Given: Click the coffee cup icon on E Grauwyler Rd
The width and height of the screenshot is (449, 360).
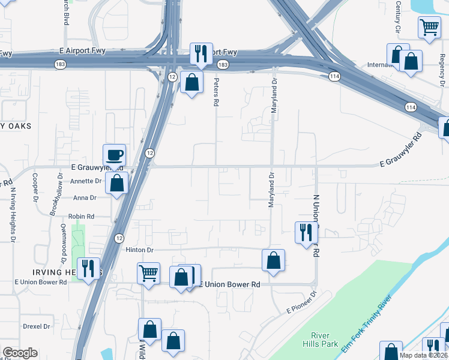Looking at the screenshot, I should click(x=114, y=155).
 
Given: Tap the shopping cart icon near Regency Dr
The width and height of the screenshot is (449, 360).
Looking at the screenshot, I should click(x=430, y=27).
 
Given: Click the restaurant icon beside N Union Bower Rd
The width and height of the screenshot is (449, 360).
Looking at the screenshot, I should click(x=306, y=232).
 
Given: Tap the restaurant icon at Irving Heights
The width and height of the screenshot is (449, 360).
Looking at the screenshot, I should click(x=89, y=268).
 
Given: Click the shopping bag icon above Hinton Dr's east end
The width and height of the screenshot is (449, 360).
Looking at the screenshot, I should click(x=273, y=260).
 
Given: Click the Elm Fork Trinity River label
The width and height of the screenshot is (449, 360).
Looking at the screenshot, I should click(x=366, y=324).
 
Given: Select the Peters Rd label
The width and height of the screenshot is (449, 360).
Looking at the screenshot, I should click(x=215, y=91).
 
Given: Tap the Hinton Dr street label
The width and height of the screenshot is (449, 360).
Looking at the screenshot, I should click(x=140, y=250).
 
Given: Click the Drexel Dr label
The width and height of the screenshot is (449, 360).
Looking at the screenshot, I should click(x=37, y=326).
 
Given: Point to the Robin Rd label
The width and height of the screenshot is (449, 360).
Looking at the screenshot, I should click(x=81, y=216).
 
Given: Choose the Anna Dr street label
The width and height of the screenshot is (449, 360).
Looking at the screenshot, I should click(x=85, y=197).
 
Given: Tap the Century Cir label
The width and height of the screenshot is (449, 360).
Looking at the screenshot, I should click(x=397, y=17).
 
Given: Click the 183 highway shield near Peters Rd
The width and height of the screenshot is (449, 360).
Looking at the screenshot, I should click(x=223, y=64).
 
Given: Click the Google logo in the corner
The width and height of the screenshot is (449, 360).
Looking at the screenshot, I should click(x=20, y=353).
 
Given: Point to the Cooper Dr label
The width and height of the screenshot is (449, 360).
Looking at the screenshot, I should click(x=35, y=187).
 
